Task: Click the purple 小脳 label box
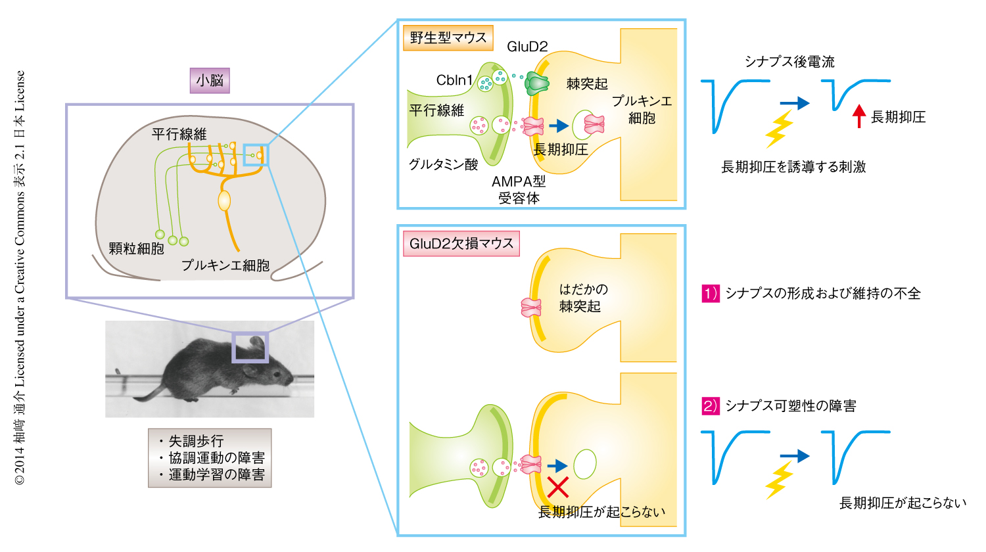(210, 81)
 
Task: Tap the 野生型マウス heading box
(448, 38)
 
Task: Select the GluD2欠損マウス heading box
(461, 244)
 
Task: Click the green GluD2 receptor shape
(537, 83)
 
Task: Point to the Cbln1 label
(454, 80)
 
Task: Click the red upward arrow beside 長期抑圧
(858, 116)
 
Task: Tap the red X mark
(558, 488)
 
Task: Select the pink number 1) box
(711, 293)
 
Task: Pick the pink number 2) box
(711, 406)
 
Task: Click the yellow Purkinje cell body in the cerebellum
(225, 200)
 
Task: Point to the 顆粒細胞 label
(136, 248)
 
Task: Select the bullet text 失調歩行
(195, 441)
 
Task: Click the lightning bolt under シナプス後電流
(779, 129)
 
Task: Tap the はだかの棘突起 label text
(582, 298)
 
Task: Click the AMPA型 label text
(519, 182)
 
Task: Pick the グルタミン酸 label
(443, 164)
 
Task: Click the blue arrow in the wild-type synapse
(558, 126)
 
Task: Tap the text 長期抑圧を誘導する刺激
(793, 167)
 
